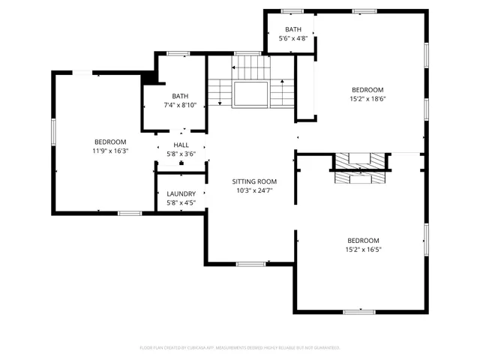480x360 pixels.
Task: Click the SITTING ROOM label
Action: [x=253, y=181]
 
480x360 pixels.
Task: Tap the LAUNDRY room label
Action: [x=181, y=193]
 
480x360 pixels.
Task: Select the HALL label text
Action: [x=181, y=145]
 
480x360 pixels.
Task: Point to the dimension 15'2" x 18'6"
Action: [x=367, y=98]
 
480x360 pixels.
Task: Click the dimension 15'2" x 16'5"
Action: [x=362, y=250]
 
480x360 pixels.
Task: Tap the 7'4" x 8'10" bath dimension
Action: [x=180, y=105]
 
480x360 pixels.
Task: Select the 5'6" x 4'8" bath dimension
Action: [x=292, y=38]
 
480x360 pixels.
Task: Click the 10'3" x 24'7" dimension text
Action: [x=253, y=190]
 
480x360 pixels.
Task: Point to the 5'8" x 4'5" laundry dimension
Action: [x=181, y=202]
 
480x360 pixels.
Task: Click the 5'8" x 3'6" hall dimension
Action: [x=181, y=154]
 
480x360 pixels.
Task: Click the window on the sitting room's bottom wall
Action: [x=250, y=264]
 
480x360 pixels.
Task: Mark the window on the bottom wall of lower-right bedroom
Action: [x=358, y=311]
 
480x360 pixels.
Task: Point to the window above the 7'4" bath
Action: [x=178, y=53]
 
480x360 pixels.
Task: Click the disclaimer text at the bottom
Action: [x=240, y=347]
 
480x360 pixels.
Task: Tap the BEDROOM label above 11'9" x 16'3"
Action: [x=109, y=142]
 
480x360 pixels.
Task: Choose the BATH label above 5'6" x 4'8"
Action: [x=292, y=29]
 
